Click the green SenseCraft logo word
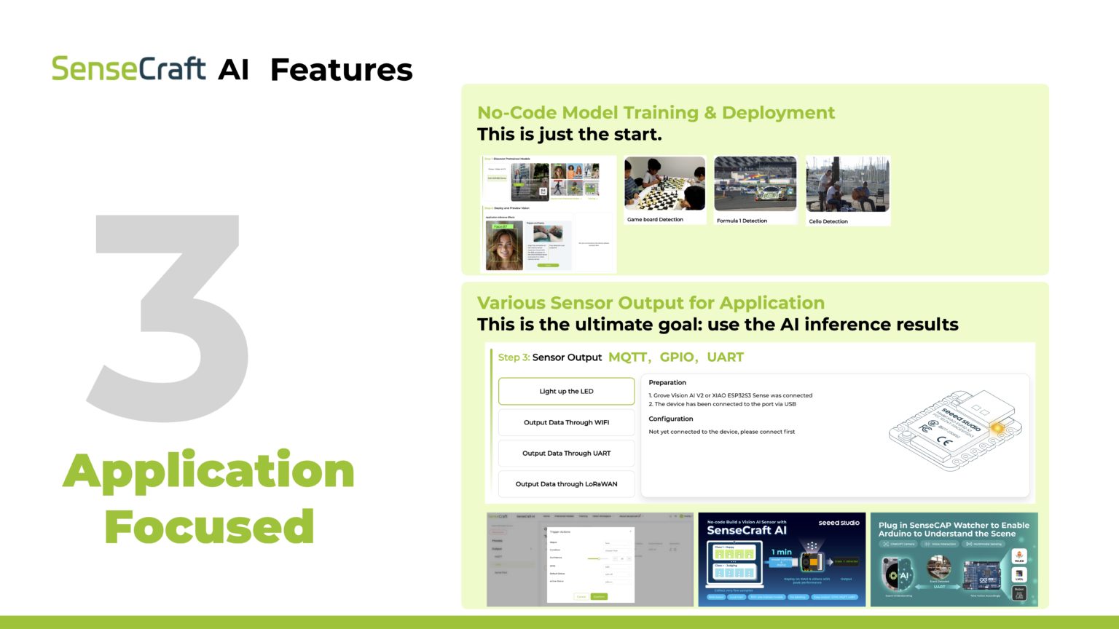128,69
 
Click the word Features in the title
341,71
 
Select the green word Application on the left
208,472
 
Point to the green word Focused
209,526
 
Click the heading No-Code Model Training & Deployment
656,113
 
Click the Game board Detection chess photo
664,183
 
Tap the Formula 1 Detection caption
742,221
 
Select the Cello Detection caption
828,221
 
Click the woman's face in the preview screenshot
503,246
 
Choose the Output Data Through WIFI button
566,422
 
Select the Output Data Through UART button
566,453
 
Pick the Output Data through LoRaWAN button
566,483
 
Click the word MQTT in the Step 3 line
627,357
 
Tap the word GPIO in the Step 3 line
677,357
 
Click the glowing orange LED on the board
997,429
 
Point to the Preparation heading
667,382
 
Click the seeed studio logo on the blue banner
839,523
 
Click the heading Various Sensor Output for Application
651,303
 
